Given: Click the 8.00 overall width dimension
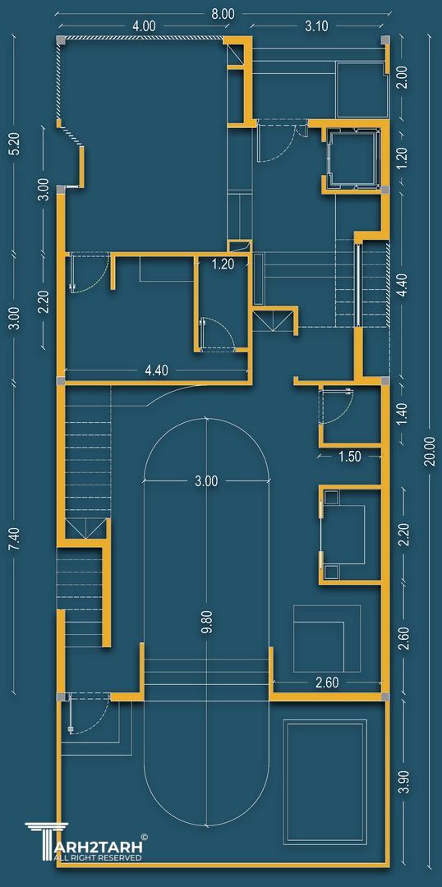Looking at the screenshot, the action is point(223,15).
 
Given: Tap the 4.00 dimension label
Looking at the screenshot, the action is point(144,26).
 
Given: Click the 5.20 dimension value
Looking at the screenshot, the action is point(15,147).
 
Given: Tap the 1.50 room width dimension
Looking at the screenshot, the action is point(349,457).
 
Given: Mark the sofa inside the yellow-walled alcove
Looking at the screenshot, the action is point(344,534).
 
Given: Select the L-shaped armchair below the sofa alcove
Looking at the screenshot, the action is point(326,638).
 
